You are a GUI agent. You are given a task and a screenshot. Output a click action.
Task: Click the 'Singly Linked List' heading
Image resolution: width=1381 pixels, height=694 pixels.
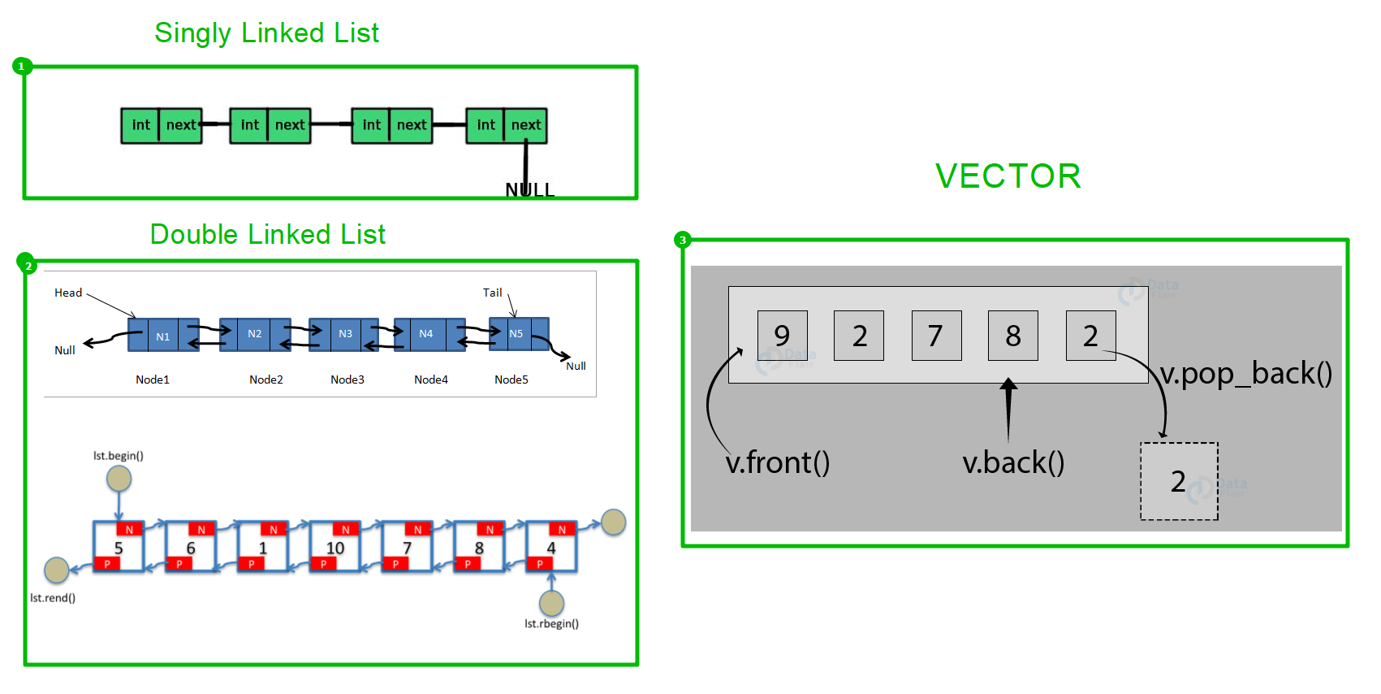point(266,33)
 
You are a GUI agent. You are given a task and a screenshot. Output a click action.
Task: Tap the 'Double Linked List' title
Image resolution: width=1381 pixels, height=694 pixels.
point(268,234)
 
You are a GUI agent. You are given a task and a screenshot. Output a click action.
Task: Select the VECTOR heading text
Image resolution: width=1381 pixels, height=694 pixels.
point(1008,176)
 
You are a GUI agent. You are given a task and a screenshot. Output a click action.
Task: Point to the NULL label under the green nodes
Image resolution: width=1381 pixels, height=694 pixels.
point(529,189)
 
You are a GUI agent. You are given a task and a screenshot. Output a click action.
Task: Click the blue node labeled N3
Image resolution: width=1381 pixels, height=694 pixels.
point(344,334)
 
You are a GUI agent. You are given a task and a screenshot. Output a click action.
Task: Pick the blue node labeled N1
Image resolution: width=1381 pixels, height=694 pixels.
point(163,335)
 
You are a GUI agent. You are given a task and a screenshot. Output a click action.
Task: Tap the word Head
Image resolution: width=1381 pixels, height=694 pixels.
point(68,293)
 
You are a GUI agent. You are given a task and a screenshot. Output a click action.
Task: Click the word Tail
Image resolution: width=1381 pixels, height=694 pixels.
point(492,293)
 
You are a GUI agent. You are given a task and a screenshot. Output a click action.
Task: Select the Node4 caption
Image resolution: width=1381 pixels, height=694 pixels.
point(431,380)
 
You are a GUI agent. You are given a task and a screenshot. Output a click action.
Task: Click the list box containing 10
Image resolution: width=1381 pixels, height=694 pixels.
point(334,547)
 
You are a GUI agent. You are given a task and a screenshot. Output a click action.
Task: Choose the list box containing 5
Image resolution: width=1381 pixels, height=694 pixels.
point(119,547)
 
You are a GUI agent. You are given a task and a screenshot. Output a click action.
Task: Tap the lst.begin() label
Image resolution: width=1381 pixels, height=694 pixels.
point(119,456)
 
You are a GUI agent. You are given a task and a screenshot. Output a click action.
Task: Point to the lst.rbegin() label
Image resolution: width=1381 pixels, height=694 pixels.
point(551,623)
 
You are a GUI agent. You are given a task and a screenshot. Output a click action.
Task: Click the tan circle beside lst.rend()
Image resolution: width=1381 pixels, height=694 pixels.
point(57,570)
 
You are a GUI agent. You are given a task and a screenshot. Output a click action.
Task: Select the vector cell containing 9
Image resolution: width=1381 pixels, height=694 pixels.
point(783,336)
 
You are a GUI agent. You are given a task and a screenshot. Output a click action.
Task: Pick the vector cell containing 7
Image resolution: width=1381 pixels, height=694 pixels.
point(936,336)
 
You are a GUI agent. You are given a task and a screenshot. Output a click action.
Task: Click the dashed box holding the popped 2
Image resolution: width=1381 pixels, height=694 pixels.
point(1179,481)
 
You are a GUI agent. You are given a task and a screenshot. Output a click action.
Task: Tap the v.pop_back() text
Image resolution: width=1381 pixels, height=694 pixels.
point(1246,374)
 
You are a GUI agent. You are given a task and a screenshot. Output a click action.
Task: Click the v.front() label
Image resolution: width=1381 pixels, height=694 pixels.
point(778,463)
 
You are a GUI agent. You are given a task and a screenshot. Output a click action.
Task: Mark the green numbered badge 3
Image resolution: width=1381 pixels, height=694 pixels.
point(682,240)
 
